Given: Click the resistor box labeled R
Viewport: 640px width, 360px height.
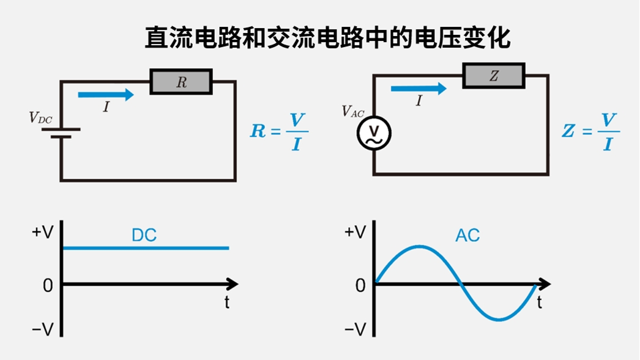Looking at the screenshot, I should coord(181,82).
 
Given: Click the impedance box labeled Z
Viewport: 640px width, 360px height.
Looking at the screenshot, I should coord(494,76).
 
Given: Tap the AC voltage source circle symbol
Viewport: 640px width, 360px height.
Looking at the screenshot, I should coord(374,133).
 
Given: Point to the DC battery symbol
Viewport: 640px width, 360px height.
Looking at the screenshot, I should coord(61,133).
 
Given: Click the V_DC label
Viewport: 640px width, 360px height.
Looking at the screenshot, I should coord(41,118).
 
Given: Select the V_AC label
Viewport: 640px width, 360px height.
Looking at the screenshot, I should coord(353,111).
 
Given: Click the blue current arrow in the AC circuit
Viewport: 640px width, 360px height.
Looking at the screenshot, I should coord(419,88).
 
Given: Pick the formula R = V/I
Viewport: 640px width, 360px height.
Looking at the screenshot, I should coord(279,131).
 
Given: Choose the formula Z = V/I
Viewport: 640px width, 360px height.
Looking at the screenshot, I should coord(590,131).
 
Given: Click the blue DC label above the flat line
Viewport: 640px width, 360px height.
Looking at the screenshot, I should coord(144,235).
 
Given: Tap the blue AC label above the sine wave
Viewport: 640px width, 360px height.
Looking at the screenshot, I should coord(467,235).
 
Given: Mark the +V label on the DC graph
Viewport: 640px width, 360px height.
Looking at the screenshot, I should coord(43,233).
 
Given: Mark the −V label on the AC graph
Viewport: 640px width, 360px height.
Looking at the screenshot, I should coord(354,330).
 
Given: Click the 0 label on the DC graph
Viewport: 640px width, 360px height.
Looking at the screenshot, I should coord(48,285).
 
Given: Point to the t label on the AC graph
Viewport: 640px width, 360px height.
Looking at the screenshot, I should coord(539,302).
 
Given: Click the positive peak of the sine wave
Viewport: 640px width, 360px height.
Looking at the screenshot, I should coord(419,246).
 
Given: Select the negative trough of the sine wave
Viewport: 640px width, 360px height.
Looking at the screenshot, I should coord(500,320).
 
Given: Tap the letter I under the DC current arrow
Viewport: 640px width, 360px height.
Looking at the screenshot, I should coord(106,107).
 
